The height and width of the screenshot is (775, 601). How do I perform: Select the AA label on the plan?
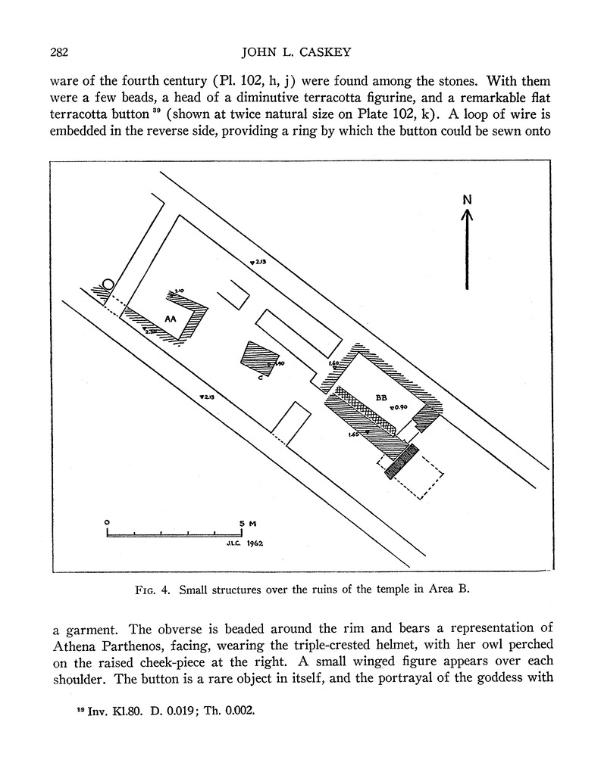pos(171,319)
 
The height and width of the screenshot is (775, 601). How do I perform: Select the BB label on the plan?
pos(380,396)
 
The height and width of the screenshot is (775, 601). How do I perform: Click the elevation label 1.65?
pos(354,434)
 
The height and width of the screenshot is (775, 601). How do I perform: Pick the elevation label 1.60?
pos(333,364)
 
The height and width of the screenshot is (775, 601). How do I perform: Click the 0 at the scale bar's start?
pos(108,522)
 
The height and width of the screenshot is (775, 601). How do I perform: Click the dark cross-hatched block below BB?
pos(402,461)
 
